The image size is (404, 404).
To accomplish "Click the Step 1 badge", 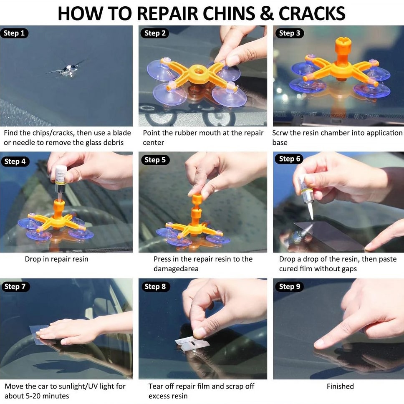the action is pyautogui.click(x=14, y=33).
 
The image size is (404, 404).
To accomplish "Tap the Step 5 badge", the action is pyautogui.click(x=155, y=160).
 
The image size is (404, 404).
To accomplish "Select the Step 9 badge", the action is pyautogui.click(x=290, y=286).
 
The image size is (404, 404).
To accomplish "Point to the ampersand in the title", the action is pyautogui.click(x=267, y=13).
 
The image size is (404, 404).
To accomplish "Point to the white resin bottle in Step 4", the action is pyautogui.click(x=61, y=175).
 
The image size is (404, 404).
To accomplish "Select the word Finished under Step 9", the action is pyautogui.click(x=340, y=386).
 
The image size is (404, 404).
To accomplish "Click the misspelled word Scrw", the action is pyautogui.click(x=280, y=133).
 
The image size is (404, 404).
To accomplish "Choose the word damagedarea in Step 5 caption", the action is pyautogui.click(x=176, y=269).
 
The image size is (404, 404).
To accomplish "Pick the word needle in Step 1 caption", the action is pyautogui.click(x=24, y=142).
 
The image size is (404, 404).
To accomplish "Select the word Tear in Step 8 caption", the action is pyautogui.click(x=155, y=386).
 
